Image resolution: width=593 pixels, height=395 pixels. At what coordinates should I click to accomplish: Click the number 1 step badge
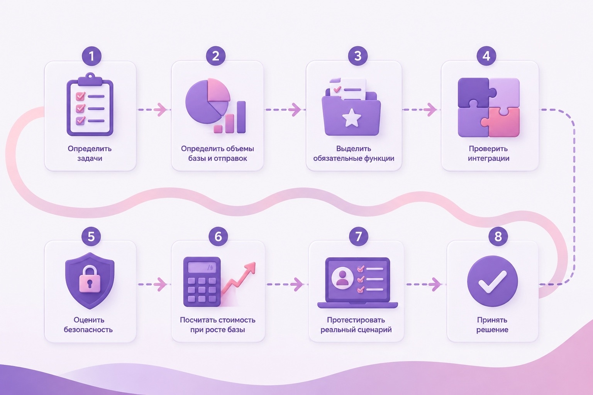click(91, 56)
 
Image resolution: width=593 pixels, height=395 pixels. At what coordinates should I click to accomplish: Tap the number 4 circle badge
click(486, 56)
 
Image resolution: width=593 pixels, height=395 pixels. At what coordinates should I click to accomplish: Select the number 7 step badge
click(358, 236)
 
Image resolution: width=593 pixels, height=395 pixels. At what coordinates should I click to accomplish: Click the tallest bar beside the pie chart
click(241, 117)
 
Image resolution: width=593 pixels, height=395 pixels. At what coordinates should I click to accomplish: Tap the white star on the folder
click(352, 118)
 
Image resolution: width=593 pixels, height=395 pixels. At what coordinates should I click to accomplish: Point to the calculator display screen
click(202, 268)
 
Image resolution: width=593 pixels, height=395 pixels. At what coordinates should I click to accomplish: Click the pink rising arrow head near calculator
click(250, 268)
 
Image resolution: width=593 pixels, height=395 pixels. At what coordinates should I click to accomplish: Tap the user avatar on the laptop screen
click(342, 278)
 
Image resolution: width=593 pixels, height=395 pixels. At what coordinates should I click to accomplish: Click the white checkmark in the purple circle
click(492, 282)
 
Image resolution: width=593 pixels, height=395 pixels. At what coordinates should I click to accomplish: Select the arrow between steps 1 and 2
click(152, 109)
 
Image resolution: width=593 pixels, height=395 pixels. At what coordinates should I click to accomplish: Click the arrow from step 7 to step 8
click(424, 284)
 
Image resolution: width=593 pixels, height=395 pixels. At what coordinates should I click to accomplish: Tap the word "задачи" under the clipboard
click(90, 159)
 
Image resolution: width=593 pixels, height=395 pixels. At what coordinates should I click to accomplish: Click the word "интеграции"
click(488, 159)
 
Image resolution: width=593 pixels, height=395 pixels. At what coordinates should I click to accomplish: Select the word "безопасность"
click(88, 330)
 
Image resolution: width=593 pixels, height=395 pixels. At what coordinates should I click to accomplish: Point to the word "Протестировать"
click(356, 320)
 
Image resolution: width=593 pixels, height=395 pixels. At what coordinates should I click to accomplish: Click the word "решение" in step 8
click(492, 330)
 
